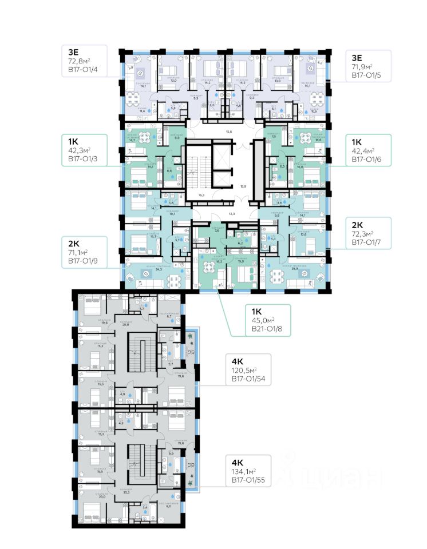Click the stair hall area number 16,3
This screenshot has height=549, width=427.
pyautogui.click(x=201, y=195)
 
